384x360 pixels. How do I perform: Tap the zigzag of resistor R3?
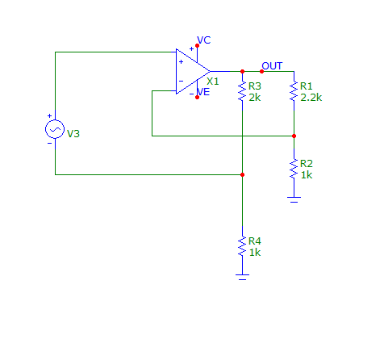click(242, 91)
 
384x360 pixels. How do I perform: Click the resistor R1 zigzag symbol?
click(294, 91)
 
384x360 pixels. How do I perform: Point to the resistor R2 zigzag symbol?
click(294, 169)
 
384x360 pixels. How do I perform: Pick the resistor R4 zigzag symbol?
click(242, 246)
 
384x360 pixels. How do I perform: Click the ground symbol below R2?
click(294, 199)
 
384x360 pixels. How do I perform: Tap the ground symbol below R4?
click(242, 277)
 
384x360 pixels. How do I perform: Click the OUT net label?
click(272, 66)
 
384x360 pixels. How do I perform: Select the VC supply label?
click(204, 40)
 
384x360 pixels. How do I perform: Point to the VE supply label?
click(203, 92)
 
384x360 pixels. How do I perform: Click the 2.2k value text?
click(311, 98)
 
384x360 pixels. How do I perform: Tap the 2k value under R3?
click(255, 98)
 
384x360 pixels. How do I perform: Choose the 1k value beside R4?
click(255, 253)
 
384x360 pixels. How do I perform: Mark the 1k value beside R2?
click(307, 175)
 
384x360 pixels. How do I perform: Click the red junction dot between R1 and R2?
click(294, 136)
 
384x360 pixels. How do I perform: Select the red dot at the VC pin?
click(197, 46)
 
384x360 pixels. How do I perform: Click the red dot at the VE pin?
click(197, 98)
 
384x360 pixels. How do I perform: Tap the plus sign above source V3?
click(49, 116)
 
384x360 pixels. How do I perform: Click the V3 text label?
click(73, 134)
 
